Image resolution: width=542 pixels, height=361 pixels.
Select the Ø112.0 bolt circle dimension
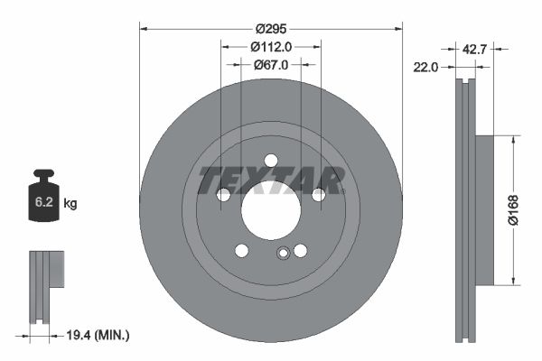tap(270, 47)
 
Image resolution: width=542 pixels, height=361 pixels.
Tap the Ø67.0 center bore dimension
tap(270, 65)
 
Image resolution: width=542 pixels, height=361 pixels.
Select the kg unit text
tap(70, 204)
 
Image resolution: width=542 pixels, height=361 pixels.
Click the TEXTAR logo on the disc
tap(271, 180)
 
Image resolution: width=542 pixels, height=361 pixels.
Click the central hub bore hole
tap(270, 210)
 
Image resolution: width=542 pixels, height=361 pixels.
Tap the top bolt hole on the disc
tap(270, 161)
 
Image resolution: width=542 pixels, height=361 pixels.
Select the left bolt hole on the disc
tap(223, 194)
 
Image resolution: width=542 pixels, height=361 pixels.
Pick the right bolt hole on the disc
tap(318, 194)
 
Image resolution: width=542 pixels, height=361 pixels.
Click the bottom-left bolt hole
tap(241, 250)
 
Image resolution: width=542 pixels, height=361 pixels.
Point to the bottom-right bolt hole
tap(300, 250)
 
